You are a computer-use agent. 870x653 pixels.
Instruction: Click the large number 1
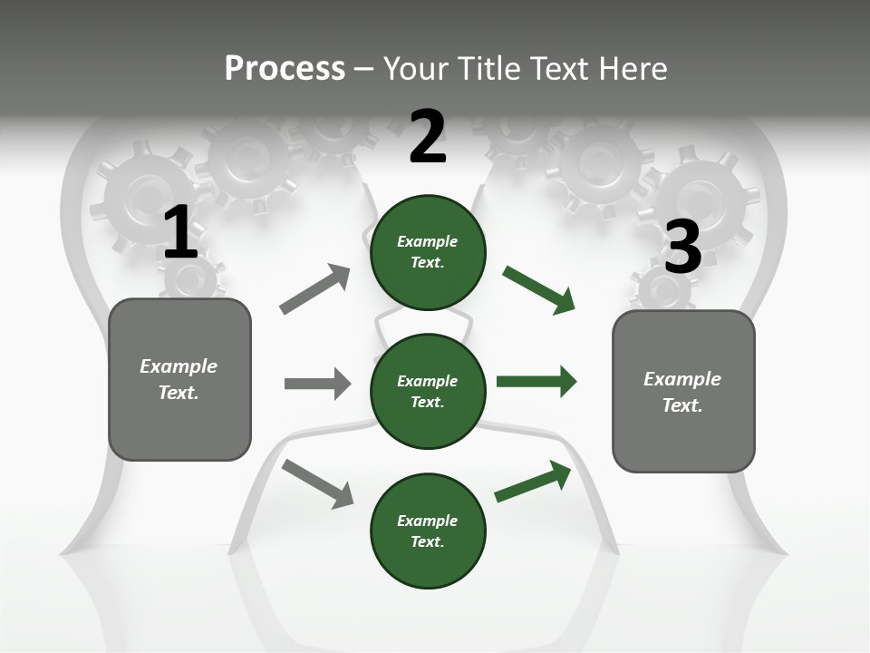[180, 233]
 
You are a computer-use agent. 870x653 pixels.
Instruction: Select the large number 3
[682, 248]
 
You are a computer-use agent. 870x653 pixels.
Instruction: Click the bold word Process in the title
[285, 69]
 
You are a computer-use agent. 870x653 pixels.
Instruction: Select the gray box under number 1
[179, 379]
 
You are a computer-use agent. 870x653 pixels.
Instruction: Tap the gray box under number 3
[683, 391]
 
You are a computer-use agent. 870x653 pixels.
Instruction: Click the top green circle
[428, 252]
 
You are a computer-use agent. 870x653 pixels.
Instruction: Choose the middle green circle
[428, 391]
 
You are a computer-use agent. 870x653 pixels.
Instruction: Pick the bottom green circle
[428, 531]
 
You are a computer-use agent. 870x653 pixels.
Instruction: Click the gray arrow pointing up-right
[315, 289]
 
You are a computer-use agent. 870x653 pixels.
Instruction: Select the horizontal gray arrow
[317, 384]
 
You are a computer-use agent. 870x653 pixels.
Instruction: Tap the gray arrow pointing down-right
[317, 483]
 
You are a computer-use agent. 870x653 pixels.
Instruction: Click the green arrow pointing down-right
[539, 290]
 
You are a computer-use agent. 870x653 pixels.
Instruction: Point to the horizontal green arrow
[536, 381]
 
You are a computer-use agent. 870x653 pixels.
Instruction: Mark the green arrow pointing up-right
[533, 482]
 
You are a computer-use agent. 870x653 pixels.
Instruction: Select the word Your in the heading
[415, 69]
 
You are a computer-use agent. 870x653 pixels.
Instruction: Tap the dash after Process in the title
[364, 69]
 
